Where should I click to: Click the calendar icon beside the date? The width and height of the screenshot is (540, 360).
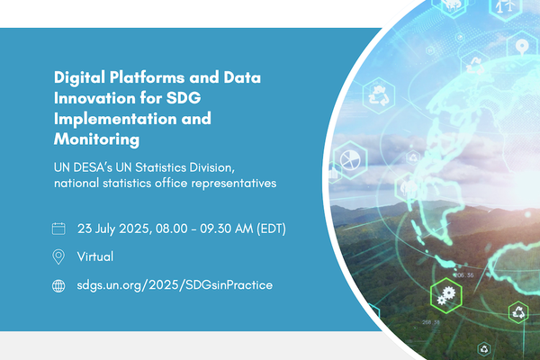tap(59, 228)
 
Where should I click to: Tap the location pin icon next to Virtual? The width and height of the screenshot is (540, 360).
tap(59, 256)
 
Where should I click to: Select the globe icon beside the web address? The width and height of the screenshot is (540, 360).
tap(59, 285)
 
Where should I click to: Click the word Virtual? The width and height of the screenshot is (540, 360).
tap(95, 256)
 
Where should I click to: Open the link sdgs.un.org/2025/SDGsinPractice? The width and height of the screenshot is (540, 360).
tap(175, 285)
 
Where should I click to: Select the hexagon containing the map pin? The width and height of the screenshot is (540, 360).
tap(521, 46)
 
